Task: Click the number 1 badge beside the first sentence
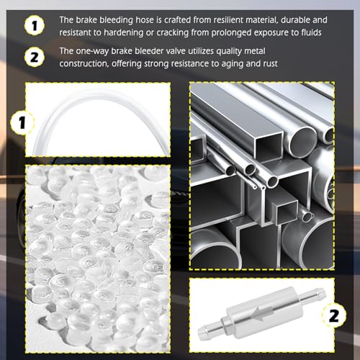click(35, 25)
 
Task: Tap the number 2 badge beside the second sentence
click(35, 57)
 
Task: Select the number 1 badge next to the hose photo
click(22, 122)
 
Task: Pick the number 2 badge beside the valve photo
click(334, 315)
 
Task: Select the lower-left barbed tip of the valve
click(200, 333)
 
